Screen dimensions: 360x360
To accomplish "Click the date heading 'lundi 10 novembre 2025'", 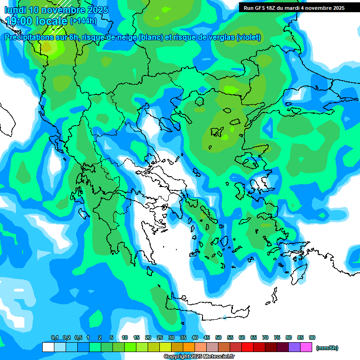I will coord(56,10).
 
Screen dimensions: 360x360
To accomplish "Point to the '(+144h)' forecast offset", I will coord(83,21).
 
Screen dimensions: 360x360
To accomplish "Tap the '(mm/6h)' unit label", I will coord(327,348).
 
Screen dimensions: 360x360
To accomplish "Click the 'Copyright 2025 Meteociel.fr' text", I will coord(199,357).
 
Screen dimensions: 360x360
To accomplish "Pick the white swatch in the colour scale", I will coord(48,347).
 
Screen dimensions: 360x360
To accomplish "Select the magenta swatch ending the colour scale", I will coord(306,347).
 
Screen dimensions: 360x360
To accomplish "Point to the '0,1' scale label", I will coord(54,338).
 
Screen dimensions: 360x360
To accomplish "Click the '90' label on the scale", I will coord(312,338).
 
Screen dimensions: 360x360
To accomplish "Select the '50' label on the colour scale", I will coord(218,338).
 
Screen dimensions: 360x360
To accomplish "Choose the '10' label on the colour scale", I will coord(125,338).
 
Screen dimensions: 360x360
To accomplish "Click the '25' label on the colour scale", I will coord(160,338).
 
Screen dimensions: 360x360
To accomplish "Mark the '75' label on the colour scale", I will coord(277,338).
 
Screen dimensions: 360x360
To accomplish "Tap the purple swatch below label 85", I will coord(294,347).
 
